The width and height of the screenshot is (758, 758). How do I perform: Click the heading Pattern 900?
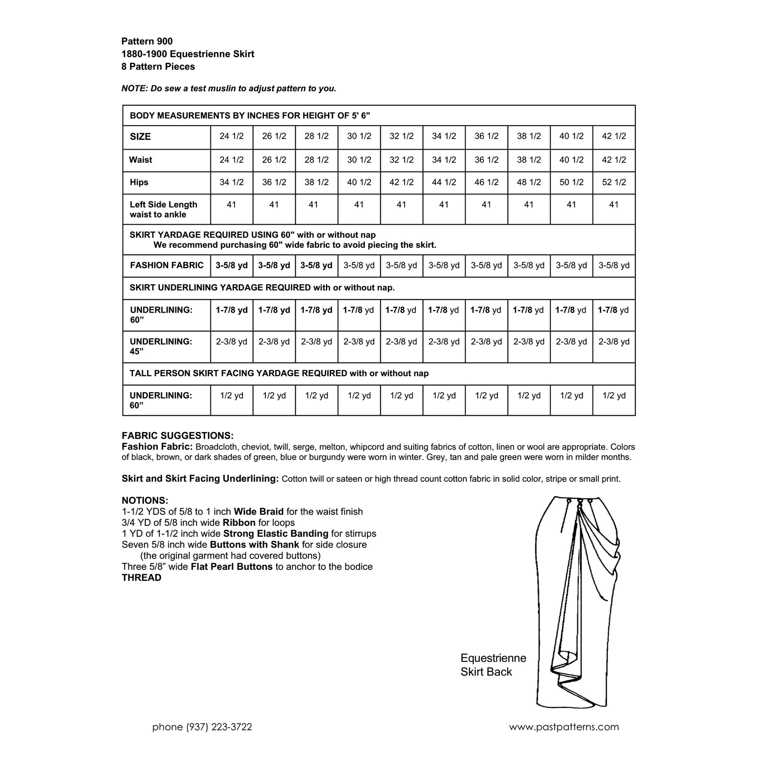pyautogui.click(x=147, y=41)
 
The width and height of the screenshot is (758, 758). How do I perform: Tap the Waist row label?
pyautogui.click(x=140, y=160)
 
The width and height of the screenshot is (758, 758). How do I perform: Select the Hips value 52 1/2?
pyautogui.click(x=614, y=182)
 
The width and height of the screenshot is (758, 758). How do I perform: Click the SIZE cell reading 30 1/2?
pyautogui.click(x=359, y=136)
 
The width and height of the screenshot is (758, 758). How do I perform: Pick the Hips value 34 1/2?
pyautogui.click(x=231, y=182)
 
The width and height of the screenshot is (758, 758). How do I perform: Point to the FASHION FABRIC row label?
pyautogui.click(x=166, y=265)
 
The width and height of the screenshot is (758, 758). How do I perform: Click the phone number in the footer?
pyautogui.click(x=202, y=727)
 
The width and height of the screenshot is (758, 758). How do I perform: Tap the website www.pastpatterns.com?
pyautogui.click(x=564, y=727)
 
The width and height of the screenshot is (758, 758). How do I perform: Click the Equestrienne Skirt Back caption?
pyautogui.click(x=493, y=665)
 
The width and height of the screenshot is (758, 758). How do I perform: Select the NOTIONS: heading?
pyautogui.click(x=145, y=500)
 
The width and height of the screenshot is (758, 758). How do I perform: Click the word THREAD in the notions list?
pyautogui.click(x=142, y=578)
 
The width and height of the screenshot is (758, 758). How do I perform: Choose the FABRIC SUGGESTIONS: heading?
pyautogui.click(x=178, y=435)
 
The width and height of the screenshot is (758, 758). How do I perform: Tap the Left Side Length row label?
pyautogui.click(x=163, y=209)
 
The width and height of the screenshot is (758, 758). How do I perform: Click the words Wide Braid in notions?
pyautogui.click(x=259, y=512)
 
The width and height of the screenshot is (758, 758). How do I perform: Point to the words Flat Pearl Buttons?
pyautogui.click(x=231, y=567)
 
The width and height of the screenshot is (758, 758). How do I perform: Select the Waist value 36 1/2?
pyautogui.click(x=487, y=160)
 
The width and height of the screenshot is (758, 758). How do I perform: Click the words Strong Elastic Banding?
pyautogui.click(x=276, y=533)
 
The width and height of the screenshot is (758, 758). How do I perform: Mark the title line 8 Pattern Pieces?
pyautogui.click(x=158, y=67)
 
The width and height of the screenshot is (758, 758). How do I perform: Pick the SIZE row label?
pyautogui.click(x=140, y=136)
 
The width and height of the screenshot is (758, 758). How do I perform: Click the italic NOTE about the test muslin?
pyautogui.click(x=229, y=89)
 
